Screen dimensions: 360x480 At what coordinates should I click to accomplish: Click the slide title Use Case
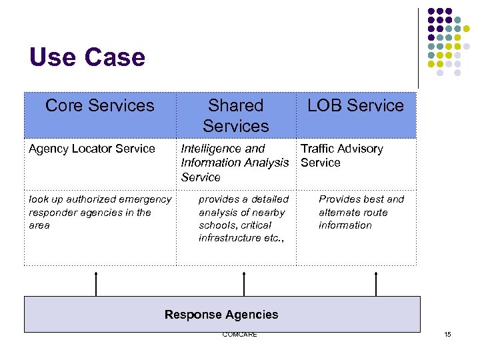(87, 57)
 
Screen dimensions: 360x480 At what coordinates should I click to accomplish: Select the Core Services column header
(100, 105)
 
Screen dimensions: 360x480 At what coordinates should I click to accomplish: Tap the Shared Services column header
(235, 115)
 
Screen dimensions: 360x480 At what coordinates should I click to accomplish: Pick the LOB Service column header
(355, 105)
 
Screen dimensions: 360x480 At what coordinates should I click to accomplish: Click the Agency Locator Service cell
(92, 149)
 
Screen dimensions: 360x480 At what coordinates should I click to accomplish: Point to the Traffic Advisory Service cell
(341, 155)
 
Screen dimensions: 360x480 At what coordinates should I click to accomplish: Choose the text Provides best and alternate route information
(361, 212)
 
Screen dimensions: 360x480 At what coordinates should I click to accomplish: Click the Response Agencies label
(221, 315)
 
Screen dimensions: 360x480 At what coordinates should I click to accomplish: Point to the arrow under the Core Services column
(97, 283)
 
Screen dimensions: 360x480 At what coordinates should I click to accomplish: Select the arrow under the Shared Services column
(244, 283)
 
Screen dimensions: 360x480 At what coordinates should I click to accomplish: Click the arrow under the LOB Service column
(376, 283)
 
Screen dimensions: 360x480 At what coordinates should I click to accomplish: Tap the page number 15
(447, 335)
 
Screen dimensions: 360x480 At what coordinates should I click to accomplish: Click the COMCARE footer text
(239, 335)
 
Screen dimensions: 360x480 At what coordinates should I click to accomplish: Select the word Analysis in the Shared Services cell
(267, 163)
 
